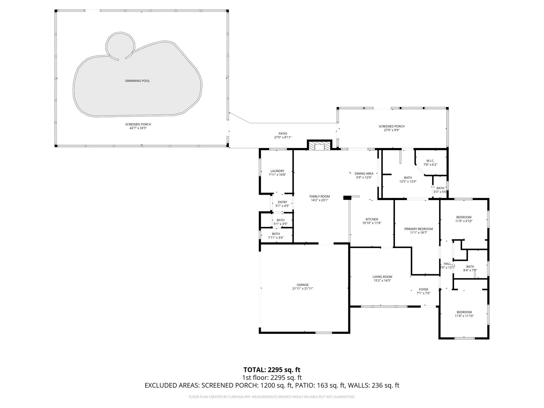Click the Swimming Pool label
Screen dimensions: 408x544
click(137, 81)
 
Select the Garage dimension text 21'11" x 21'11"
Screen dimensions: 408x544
click(303, 288)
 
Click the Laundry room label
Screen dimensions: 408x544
click(277, 171)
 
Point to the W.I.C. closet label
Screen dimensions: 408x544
click(430, 161)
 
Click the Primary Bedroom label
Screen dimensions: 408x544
click(418, 229)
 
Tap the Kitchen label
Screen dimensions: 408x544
click(372, 219)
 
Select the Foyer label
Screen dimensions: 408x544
click(423, 289)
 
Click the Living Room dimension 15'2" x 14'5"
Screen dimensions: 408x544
click(382, 280)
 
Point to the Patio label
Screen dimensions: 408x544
click(283, 134)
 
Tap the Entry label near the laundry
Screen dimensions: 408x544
click(282, 202)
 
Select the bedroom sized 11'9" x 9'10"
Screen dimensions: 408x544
click(464, 219)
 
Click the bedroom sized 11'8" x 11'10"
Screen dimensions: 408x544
click(464, 314)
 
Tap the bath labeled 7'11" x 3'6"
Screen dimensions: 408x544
click(276, 236)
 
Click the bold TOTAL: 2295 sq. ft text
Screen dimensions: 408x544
click(272, 369)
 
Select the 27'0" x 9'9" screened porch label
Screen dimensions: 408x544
click(392, 128)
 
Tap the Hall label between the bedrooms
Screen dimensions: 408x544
click(447, 264)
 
